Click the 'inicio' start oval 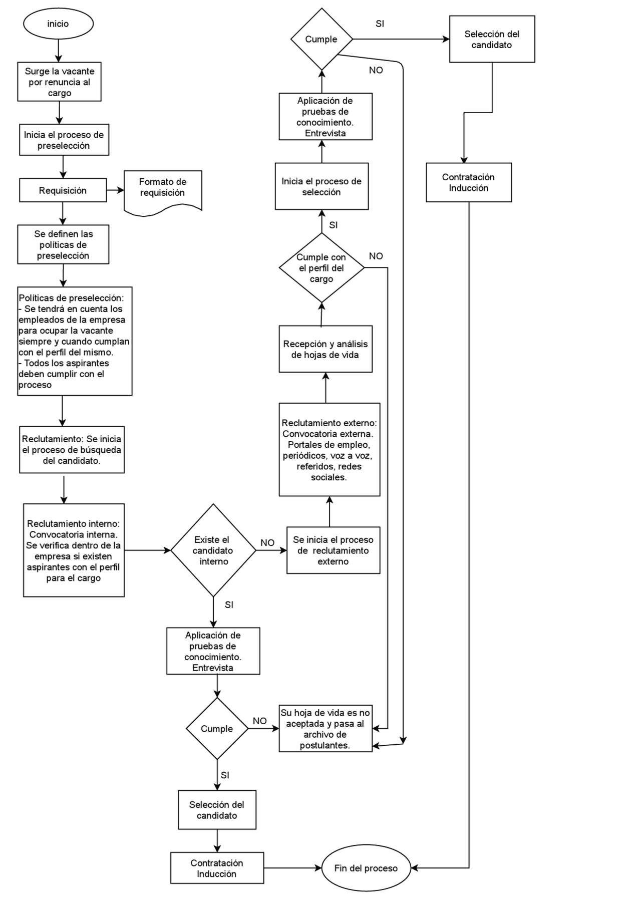tap(58, 24)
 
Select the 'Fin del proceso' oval tap(366, 868)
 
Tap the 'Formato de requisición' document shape tap(163, 193)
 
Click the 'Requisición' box tap(63, 190)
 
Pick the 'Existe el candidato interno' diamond tap(213, 550)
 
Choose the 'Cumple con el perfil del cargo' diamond tap(322, 268)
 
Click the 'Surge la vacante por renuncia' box tap(60, 82)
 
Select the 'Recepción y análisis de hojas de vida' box tap(326, 349)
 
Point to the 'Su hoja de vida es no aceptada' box tap(326, 729)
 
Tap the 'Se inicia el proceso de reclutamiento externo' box tap(333, 550)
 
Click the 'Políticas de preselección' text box tap(75, 341)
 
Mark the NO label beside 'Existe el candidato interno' tap(267, 542)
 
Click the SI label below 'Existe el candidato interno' tap(229, 605)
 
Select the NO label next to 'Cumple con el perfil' tap(376, 256)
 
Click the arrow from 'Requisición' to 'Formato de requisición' tap(115, 190)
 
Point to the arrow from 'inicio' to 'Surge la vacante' tap(58, 51)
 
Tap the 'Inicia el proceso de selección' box tap(322, 186)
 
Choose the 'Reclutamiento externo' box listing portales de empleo tap(330, 450)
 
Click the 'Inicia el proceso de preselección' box tap(64, 140)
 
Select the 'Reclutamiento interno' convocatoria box tap(74, 550)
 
